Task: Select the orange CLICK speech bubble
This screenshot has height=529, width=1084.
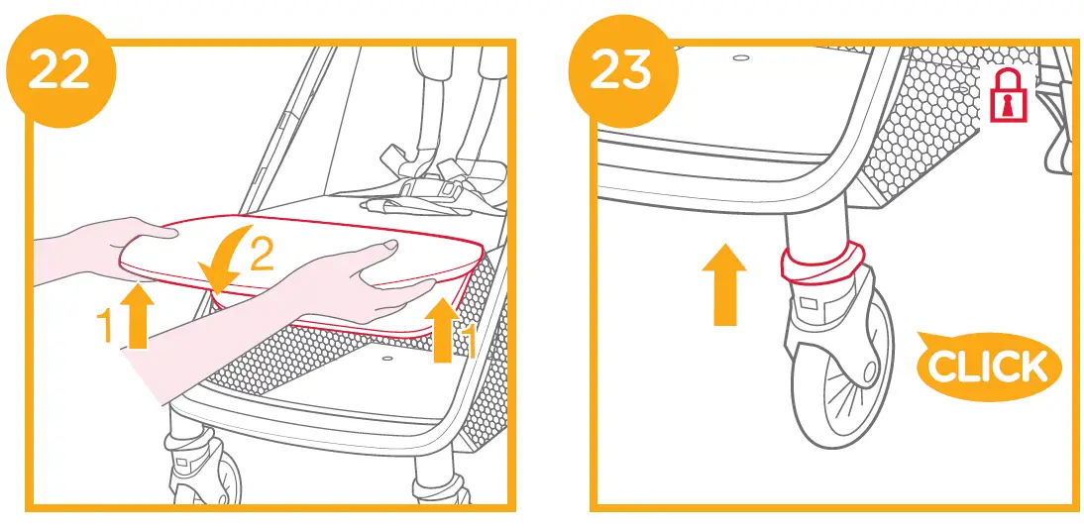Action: click(x=988, y=367)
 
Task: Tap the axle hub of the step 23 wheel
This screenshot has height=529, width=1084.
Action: click(x=869, y=373)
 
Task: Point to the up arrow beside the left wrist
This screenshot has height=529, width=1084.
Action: click(x=138, y=316)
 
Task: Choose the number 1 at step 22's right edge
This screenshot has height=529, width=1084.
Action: click(x=471, y=342)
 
